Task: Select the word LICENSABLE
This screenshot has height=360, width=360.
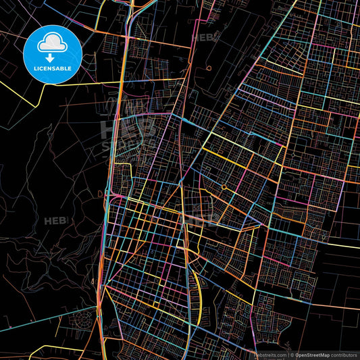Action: coord(51,69)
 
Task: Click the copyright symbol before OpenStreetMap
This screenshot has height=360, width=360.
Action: coord(291,354)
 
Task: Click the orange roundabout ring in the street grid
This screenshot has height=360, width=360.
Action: coord(224,187)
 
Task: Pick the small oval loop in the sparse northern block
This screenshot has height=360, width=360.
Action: coord(210,68)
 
